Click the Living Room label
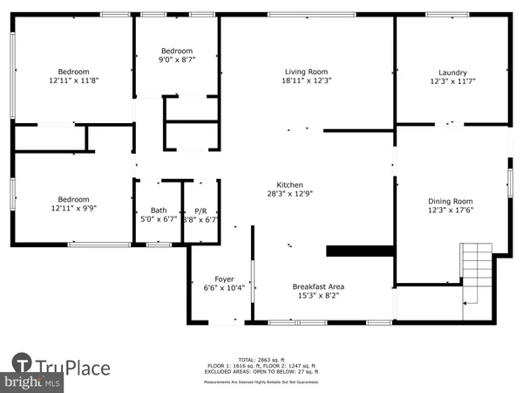coord(308,72)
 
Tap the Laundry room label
coord(452,72)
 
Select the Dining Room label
coord(452,199)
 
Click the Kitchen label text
coord(289,185)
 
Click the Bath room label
coord(158,210)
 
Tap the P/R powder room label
coord(200,210)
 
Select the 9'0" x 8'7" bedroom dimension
coord(176,60)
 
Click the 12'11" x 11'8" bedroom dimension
coord(73,81)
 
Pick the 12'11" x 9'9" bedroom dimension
coord(73,209)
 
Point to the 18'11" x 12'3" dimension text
coord(308,81)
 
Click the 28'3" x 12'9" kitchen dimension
coord(289,195)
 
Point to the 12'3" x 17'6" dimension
coord(452,209)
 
